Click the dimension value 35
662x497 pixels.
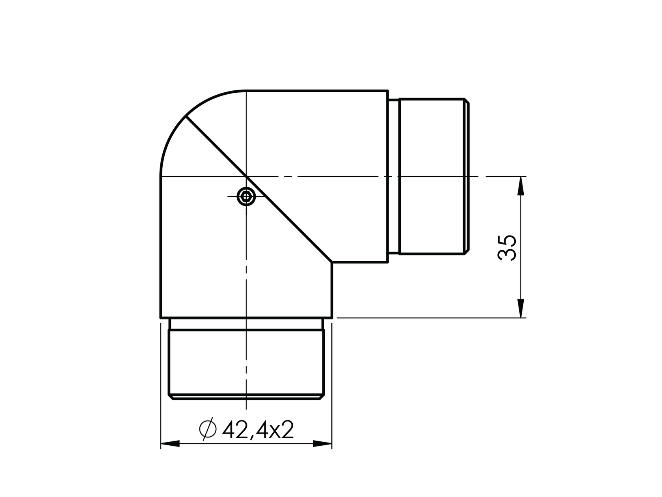coord(507,247)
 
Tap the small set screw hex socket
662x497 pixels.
coord(246,196)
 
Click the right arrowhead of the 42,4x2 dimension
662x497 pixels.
coord(322,444)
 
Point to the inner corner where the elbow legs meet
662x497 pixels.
coord(333,262)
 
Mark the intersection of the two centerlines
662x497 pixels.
coord(246,176)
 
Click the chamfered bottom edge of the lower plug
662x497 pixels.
coord(246,396)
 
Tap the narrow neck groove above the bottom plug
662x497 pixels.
coord(246,324)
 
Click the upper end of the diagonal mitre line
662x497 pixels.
coord(186,117)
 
